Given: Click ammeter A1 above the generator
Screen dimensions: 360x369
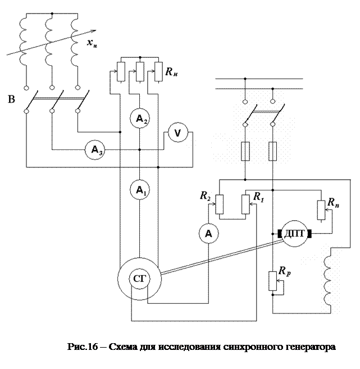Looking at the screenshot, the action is (140, 190).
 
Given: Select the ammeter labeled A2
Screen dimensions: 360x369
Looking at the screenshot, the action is (140, 119).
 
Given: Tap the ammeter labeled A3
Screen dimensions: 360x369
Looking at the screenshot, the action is (95, 149).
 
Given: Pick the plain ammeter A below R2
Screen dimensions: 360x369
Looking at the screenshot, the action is (209, 234).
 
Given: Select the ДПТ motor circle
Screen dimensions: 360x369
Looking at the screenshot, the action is (294, 234).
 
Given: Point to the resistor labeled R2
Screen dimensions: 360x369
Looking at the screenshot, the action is (220, 204).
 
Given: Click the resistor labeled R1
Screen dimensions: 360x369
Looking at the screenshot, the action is (245, 204).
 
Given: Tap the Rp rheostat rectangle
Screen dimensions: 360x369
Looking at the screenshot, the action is (273, 281).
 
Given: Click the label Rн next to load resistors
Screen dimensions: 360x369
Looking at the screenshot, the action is (171, 71).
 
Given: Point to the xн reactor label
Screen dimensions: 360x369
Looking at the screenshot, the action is (92, 43).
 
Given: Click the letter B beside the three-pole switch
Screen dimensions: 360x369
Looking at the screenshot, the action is (11, 99).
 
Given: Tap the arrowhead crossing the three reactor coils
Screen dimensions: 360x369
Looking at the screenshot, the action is (93, 31).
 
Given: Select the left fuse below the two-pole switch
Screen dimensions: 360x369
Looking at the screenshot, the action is (245, 151).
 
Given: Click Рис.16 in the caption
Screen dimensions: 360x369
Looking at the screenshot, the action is (83, 347).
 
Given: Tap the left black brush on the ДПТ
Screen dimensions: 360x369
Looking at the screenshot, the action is (280, 234).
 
